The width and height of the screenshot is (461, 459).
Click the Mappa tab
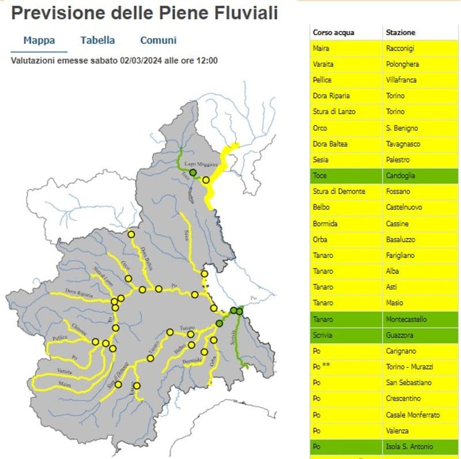39,40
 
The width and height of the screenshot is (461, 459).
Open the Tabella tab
97,40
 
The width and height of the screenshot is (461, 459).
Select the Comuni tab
158,40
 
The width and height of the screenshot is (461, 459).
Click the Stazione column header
400,32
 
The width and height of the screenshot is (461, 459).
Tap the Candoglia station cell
402,176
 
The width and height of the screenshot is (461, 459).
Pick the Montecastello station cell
406,319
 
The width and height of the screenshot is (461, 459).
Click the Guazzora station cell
401,335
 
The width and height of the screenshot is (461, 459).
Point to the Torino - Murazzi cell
408,367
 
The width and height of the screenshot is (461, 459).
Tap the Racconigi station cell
400,48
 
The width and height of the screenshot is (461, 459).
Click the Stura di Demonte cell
339,191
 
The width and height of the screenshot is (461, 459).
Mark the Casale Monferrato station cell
413,415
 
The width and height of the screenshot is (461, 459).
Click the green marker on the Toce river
193,172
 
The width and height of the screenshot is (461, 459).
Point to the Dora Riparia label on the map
79,291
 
